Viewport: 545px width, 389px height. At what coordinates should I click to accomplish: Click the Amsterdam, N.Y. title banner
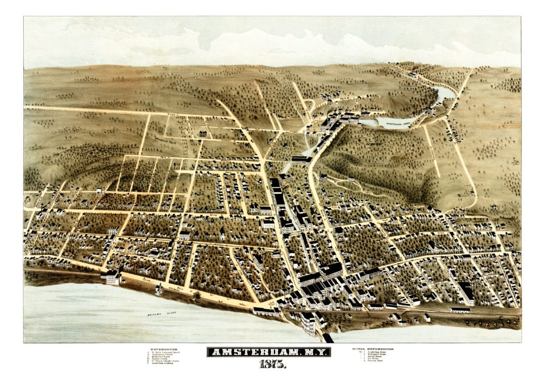pos(268,352)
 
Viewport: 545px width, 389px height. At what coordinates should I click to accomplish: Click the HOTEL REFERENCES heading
pos(373,349)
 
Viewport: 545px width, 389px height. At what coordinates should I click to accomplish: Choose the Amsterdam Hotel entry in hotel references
pos(376,352)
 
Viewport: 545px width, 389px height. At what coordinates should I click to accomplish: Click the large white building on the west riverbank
pos(113,276)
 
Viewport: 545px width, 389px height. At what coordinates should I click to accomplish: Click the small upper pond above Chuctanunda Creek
pos(445,93)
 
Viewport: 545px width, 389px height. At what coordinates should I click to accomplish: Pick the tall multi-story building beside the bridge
pos(308,323)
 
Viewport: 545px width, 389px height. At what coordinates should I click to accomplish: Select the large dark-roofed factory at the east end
pos(466,292)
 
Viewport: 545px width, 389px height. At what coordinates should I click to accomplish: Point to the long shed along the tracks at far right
pos(460,310)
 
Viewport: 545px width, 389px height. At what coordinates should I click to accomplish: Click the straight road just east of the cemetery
pos(431,151)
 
